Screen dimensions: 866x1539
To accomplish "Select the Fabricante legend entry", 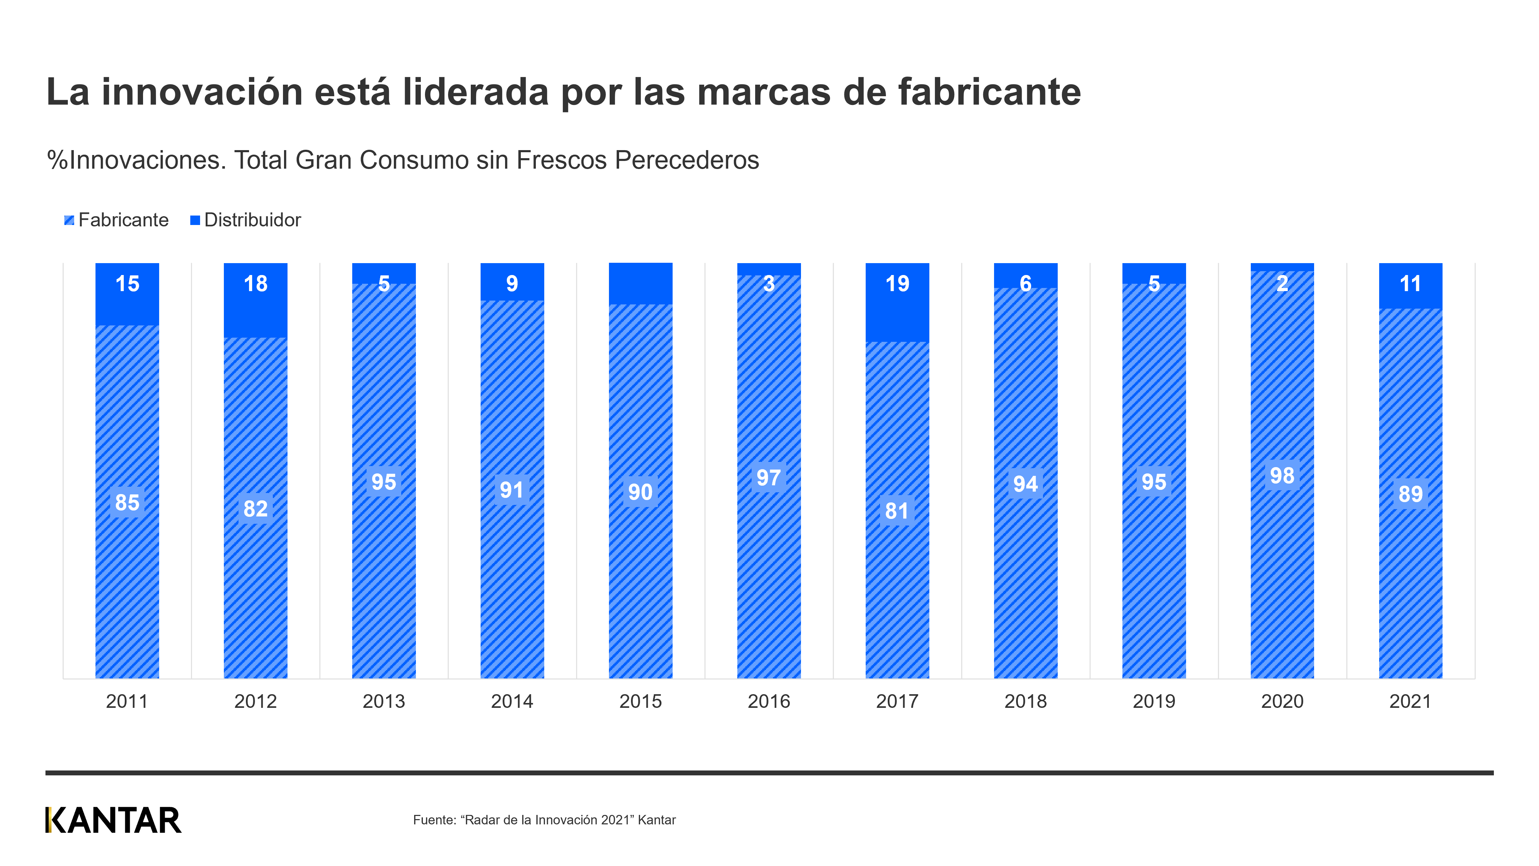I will (x=116, y=220).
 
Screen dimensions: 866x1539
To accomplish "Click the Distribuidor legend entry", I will (x=246, y=220).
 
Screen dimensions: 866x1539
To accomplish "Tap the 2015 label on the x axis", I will (x=640, y=701).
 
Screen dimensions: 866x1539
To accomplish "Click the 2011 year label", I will (x=127, y=701).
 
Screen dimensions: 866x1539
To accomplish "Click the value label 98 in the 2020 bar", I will (x=1282, y=476).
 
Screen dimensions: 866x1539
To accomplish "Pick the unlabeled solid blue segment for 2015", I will (x=640, y=284).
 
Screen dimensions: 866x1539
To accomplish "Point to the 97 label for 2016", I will (x=768, y=478).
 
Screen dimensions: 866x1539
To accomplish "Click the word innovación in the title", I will (x=202, y=93).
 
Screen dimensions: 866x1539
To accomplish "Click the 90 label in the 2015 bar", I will (x=640, y=492).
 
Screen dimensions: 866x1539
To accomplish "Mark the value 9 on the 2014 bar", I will (x=512, y=284).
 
